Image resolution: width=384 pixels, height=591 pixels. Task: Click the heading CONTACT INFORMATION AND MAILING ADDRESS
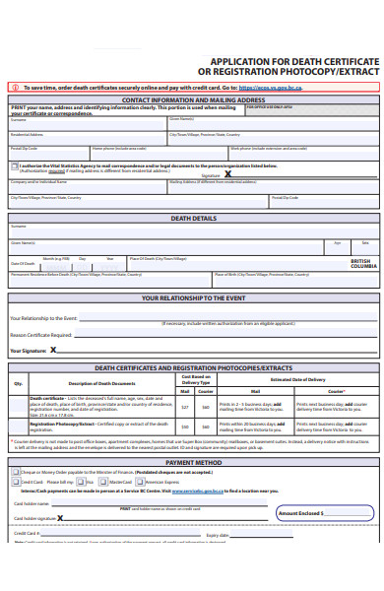point(192,99)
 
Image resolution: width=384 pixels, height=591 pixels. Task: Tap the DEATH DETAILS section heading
point(193,218)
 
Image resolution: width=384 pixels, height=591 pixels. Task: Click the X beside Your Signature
point(53,349)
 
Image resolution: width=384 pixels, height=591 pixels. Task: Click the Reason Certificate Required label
point(42,335)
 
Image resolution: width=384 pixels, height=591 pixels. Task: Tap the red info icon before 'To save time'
point(13,87)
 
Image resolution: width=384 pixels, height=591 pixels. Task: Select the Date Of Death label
point(23,263)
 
